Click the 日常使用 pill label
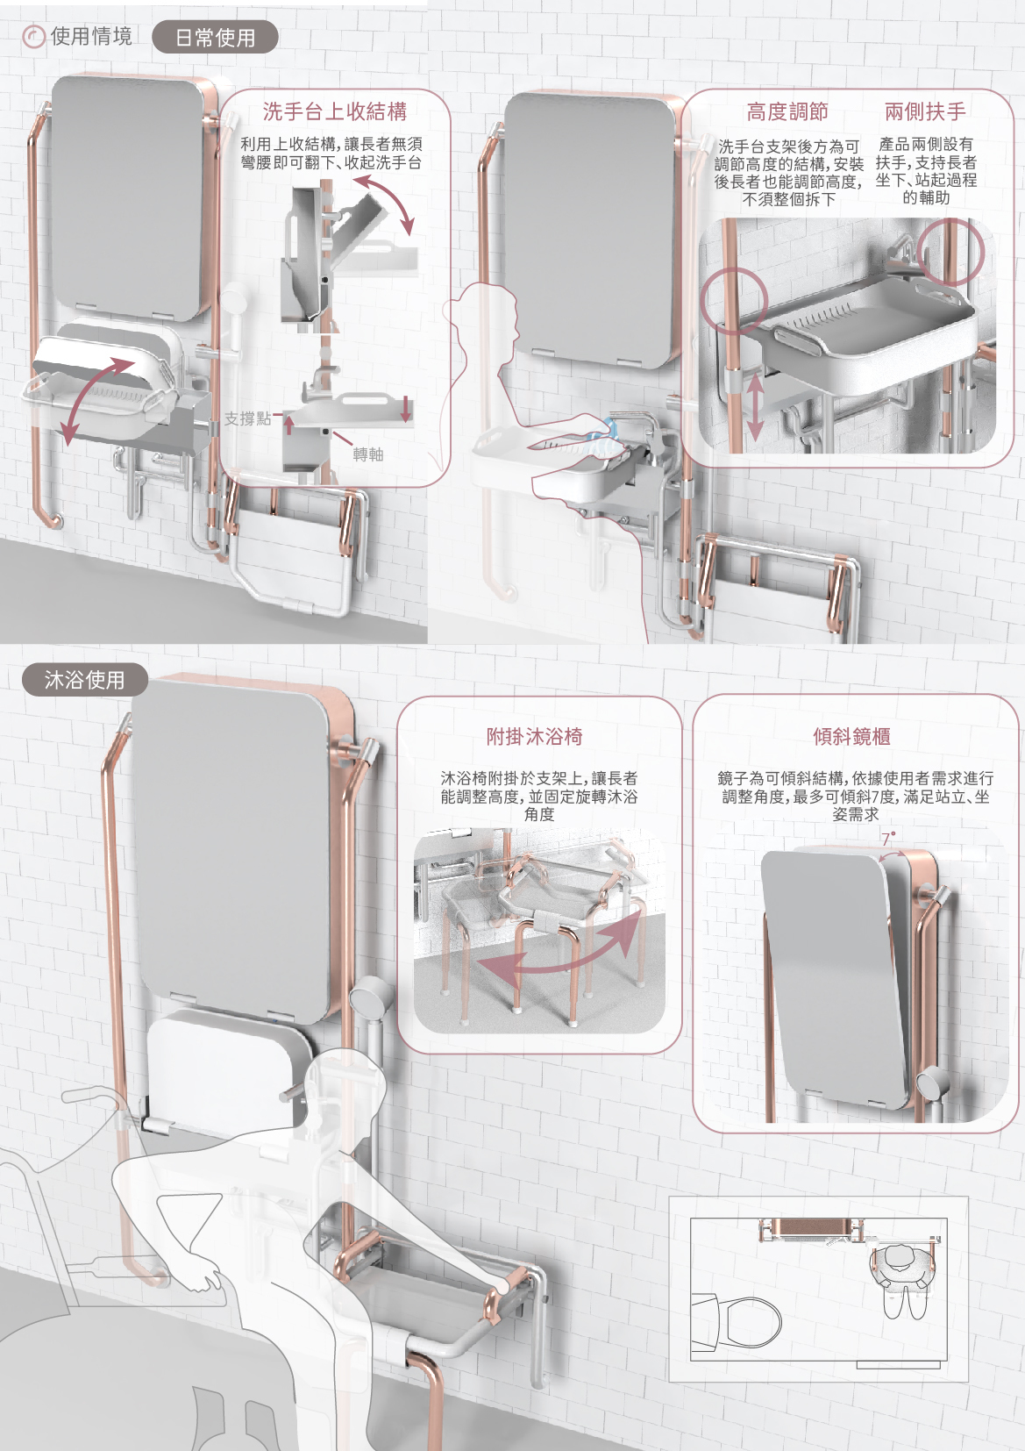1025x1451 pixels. [x=215, y=37]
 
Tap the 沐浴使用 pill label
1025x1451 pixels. [x=85, y=680]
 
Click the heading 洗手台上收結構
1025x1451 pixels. [x=335, y=111]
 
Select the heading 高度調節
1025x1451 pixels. [x=787, y=111]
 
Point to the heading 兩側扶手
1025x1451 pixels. [x=925, y=111]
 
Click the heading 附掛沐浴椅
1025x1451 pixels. [x=535, y=737]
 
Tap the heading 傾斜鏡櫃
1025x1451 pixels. [x=852, y=737]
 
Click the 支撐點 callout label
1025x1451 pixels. [x=247, y=419]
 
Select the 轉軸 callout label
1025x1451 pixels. [x=368, y=454]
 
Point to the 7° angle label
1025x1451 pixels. [x=887, y=838]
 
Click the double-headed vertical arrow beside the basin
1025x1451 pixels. [x=755, y=405]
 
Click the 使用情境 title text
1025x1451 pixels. [x=91, y=36]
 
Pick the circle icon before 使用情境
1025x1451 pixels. [x=33, y=37]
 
